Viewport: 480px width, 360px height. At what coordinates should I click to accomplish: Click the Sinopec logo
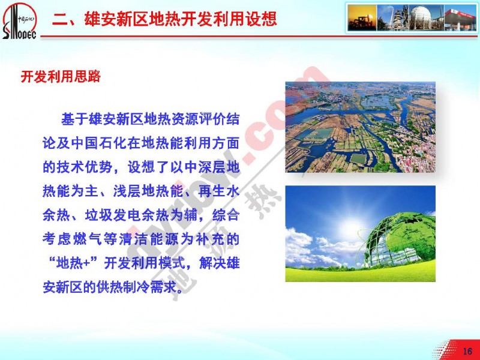click(x=19, y=21)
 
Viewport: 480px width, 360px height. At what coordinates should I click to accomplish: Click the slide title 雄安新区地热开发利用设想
click(x=181, y=19)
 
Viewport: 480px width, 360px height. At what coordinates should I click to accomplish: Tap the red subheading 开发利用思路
click(x=61, y=76)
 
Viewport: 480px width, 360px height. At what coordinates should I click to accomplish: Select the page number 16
click(x=467, y=351)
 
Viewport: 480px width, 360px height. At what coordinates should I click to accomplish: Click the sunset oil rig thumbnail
click(x=362, y=17)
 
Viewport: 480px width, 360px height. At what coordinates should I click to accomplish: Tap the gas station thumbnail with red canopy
click(x=460, y=17)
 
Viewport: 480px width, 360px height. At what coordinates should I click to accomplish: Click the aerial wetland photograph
click(x=361, y=127)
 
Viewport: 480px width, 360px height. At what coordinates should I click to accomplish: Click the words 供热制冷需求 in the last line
click(x=137, y=287)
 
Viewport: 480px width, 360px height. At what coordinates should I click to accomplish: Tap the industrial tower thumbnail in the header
click(x=394, y=17)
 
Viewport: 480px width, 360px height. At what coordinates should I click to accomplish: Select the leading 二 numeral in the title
click(x=59, y=19)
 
